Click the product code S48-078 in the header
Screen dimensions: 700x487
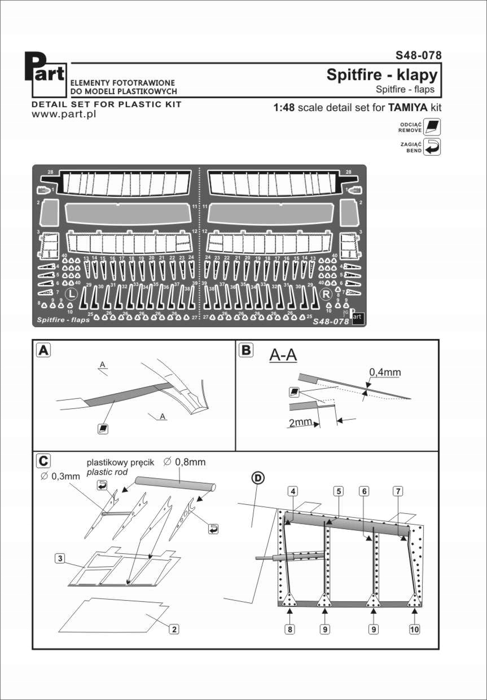pos(418,55)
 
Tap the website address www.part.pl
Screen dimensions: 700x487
pos(64,114)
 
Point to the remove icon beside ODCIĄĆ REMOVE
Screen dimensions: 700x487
pos(433,127)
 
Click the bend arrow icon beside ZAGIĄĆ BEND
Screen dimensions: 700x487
pos(432,147)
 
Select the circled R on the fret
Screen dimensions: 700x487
pos(326,294)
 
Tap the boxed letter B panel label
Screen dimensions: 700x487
pos(246,350)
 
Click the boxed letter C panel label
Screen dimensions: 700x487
pos(42,461)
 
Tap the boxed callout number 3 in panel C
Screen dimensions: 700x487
pos(59,559)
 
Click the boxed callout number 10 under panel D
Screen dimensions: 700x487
pos(415,629)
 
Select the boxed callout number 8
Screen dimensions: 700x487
pos(289,629)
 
